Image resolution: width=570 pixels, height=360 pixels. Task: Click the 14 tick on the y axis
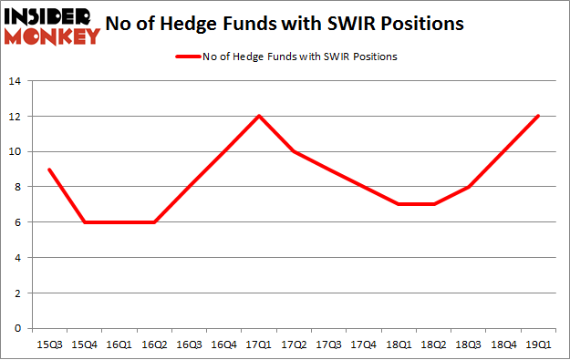tap(16, 81)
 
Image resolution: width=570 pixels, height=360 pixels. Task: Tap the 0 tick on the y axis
tap(19, 328)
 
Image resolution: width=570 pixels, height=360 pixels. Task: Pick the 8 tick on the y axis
tap(19, 187)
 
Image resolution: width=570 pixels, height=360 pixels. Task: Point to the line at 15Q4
tap(84, 222)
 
